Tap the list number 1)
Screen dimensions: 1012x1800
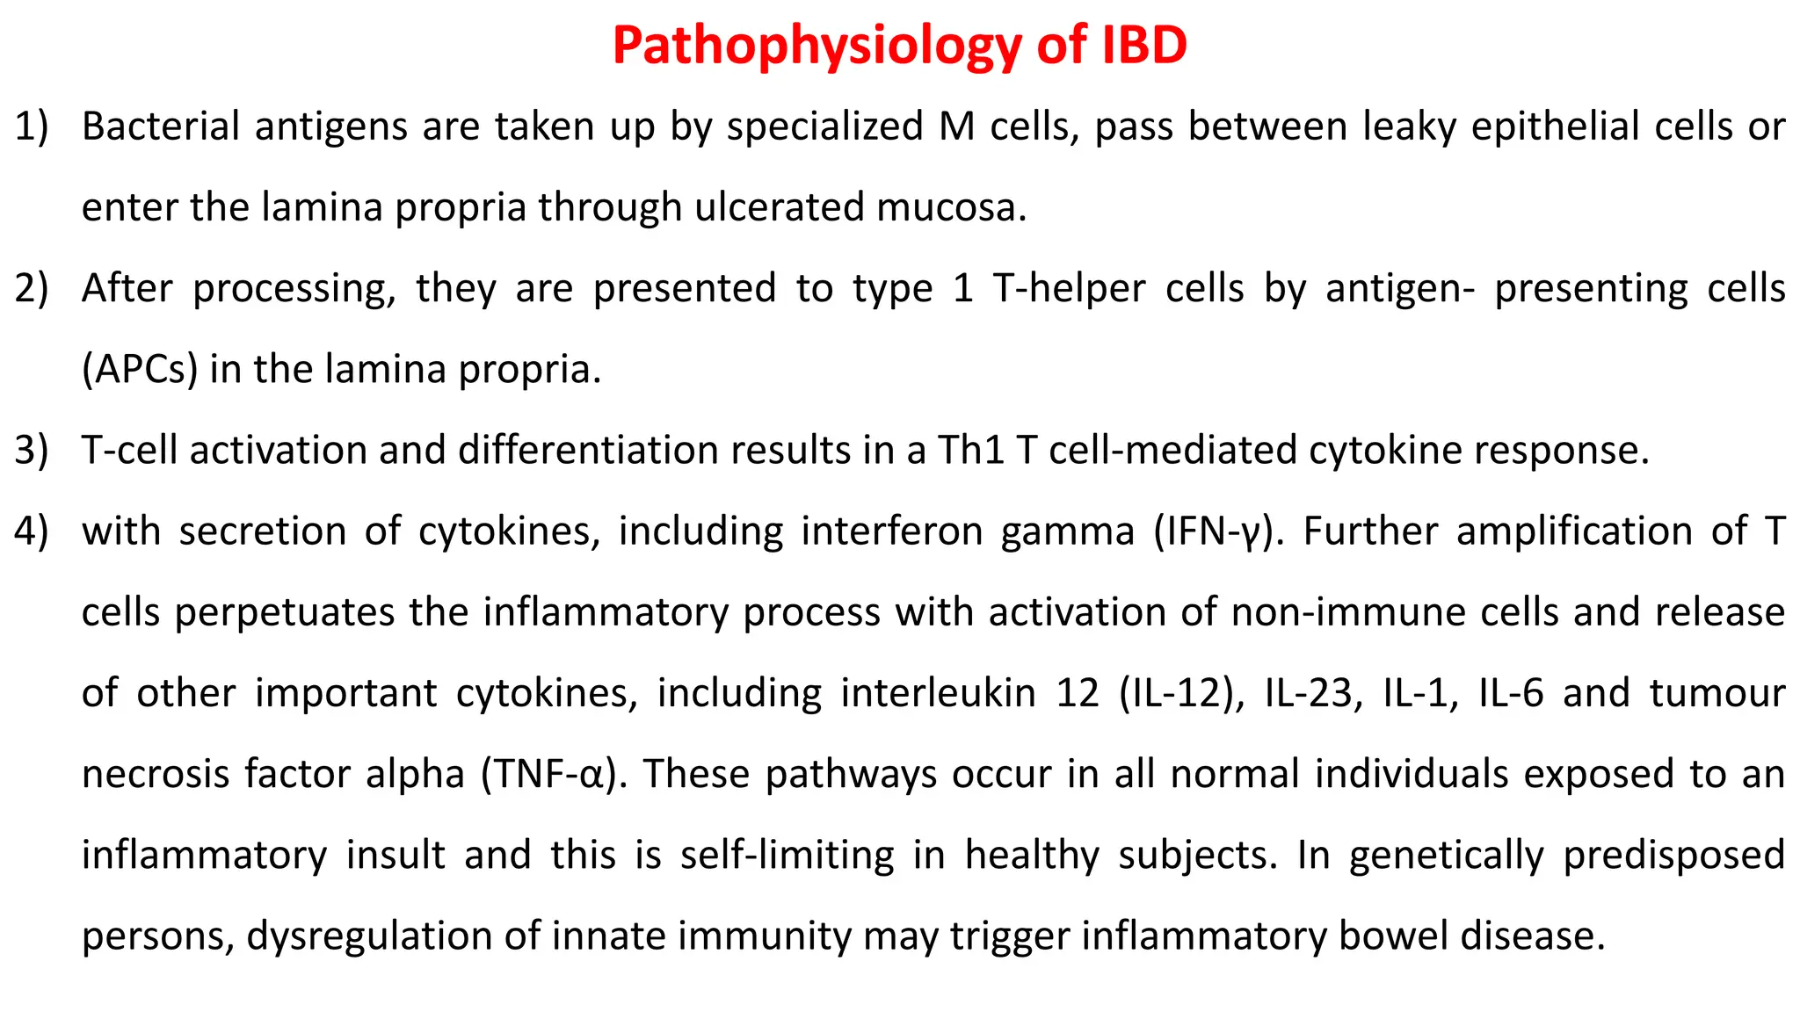[32, 126]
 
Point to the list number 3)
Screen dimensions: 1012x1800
[32, 450]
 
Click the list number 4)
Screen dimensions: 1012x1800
[32, 531]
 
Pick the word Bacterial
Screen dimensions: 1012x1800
[161, 126]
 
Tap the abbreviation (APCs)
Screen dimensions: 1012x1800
[140, 369]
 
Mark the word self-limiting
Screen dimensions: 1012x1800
[787, 855]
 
